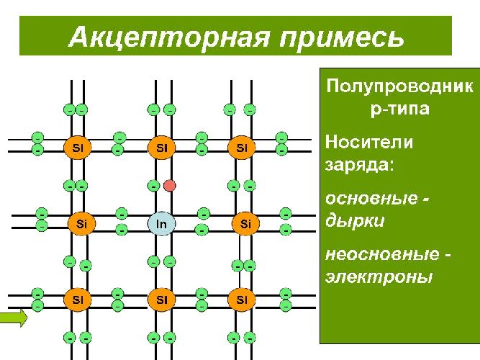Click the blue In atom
162,224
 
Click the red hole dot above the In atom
170,186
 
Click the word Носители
369,142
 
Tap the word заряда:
359,163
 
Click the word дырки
355,220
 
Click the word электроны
379,276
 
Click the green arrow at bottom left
14,317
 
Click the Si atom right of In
246,224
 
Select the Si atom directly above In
162,148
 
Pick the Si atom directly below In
162,298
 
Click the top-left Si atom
78,148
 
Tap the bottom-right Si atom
242,298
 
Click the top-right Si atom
242,148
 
